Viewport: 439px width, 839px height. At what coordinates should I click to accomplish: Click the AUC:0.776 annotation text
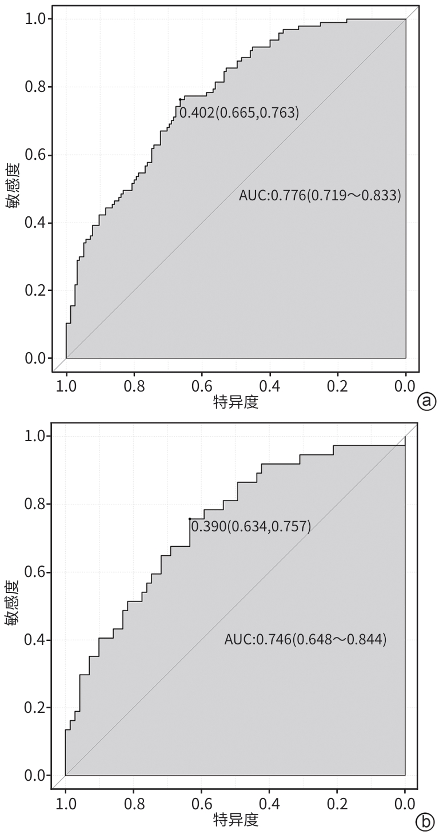(x=320, y=196)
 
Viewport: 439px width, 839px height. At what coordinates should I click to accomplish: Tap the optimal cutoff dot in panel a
(x=180, y=99)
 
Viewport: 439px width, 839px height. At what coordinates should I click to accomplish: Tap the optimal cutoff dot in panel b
(x=190, y=519)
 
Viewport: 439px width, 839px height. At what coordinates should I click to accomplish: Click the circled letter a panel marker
(x=426, y=402)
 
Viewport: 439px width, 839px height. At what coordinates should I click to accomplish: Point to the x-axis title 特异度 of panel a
(x=236, y=402)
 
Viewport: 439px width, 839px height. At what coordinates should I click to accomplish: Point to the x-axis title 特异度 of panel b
(x=236, y=821)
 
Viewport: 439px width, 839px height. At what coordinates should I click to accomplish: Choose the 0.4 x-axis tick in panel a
(x=270, y=386)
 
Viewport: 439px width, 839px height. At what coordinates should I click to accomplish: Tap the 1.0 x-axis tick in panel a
(x=66, y=386)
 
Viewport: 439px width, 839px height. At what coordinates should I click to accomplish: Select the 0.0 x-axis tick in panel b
(x=405, y=805)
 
